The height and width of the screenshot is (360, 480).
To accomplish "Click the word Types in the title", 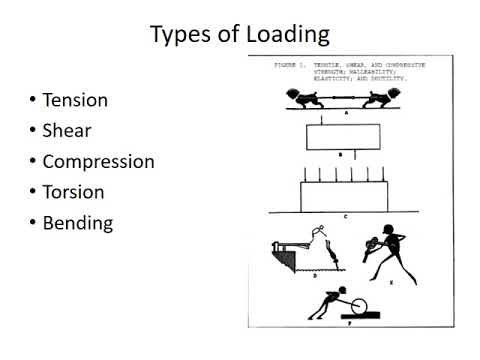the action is [176, 35].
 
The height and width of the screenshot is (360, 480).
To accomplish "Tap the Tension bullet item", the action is [75, 100].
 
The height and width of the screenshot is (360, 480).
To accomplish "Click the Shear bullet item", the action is [66, 130].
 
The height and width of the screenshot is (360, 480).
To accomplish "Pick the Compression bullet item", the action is [98, 161].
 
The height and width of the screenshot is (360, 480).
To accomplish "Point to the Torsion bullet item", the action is [73, 191].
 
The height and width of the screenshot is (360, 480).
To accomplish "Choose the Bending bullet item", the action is [77, 222].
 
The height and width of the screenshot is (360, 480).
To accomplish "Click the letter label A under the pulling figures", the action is [343, 114].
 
